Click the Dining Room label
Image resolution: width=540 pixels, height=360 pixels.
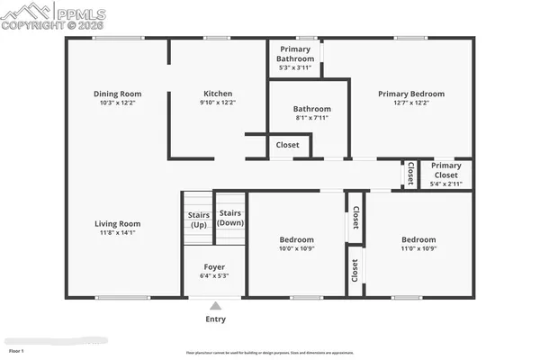(117, 94)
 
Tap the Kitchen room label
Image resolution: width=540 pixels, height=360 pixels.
(218, 94)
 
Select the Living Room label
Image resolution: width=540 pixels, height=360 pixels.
(117, 223)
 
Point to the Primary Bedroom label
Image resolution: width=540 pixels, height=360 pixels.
(411, 94)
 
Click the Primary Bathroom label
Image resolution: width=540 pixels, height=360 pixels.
(295, 54)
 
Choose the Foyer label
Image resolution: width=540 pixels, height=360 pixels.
(214, 266)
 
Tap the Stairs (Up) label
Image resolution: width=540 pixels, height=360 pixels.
(198, 220)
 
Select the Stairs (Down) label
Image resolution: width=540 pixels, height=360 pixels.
(230, 217)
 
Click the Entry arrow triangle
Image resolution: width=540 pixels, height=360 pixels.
(215, 306)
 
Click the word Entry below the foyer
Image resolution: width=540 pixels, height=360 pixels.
(215, 319)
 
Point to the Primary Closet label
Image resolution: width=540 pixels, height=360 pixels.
(445, 170)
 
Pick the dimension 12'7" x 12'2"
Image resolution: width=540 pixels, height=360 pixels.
(411, 103)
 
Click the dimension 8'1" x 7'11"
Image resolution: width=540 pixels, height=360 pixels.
(311, 118)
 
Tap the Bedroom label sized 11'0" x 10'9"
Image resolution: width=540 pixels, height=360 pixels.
(418, 239)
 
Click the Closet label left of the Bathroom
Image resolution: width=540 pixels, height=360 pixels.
(287, 144)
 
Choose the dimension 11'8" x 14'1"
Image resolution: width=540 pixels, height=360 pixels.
(117, 233)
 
